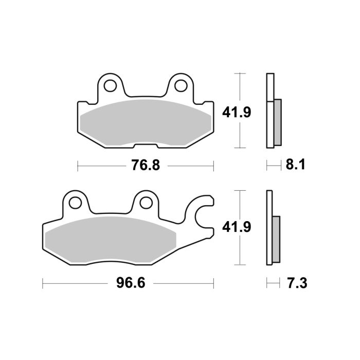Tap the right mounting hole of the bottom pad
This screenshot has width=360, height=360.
click(145, 202)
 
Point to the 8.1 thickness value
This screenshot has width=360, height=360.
click(295, 166)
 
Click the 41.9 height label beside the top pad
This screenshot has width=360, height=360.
click(236, 112)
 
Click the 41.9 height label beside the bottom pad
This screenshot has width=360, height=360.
click(236, 227)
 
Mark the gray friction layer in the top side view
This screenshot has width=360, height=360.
click(278, 122)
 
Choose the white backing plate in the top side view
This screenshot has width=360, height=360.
click(269, 111)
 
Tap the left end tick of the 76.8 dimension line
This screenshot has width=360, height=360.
click(77, 166)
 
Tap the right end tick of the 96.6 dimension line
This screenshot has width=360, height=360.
click(213, 283)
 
